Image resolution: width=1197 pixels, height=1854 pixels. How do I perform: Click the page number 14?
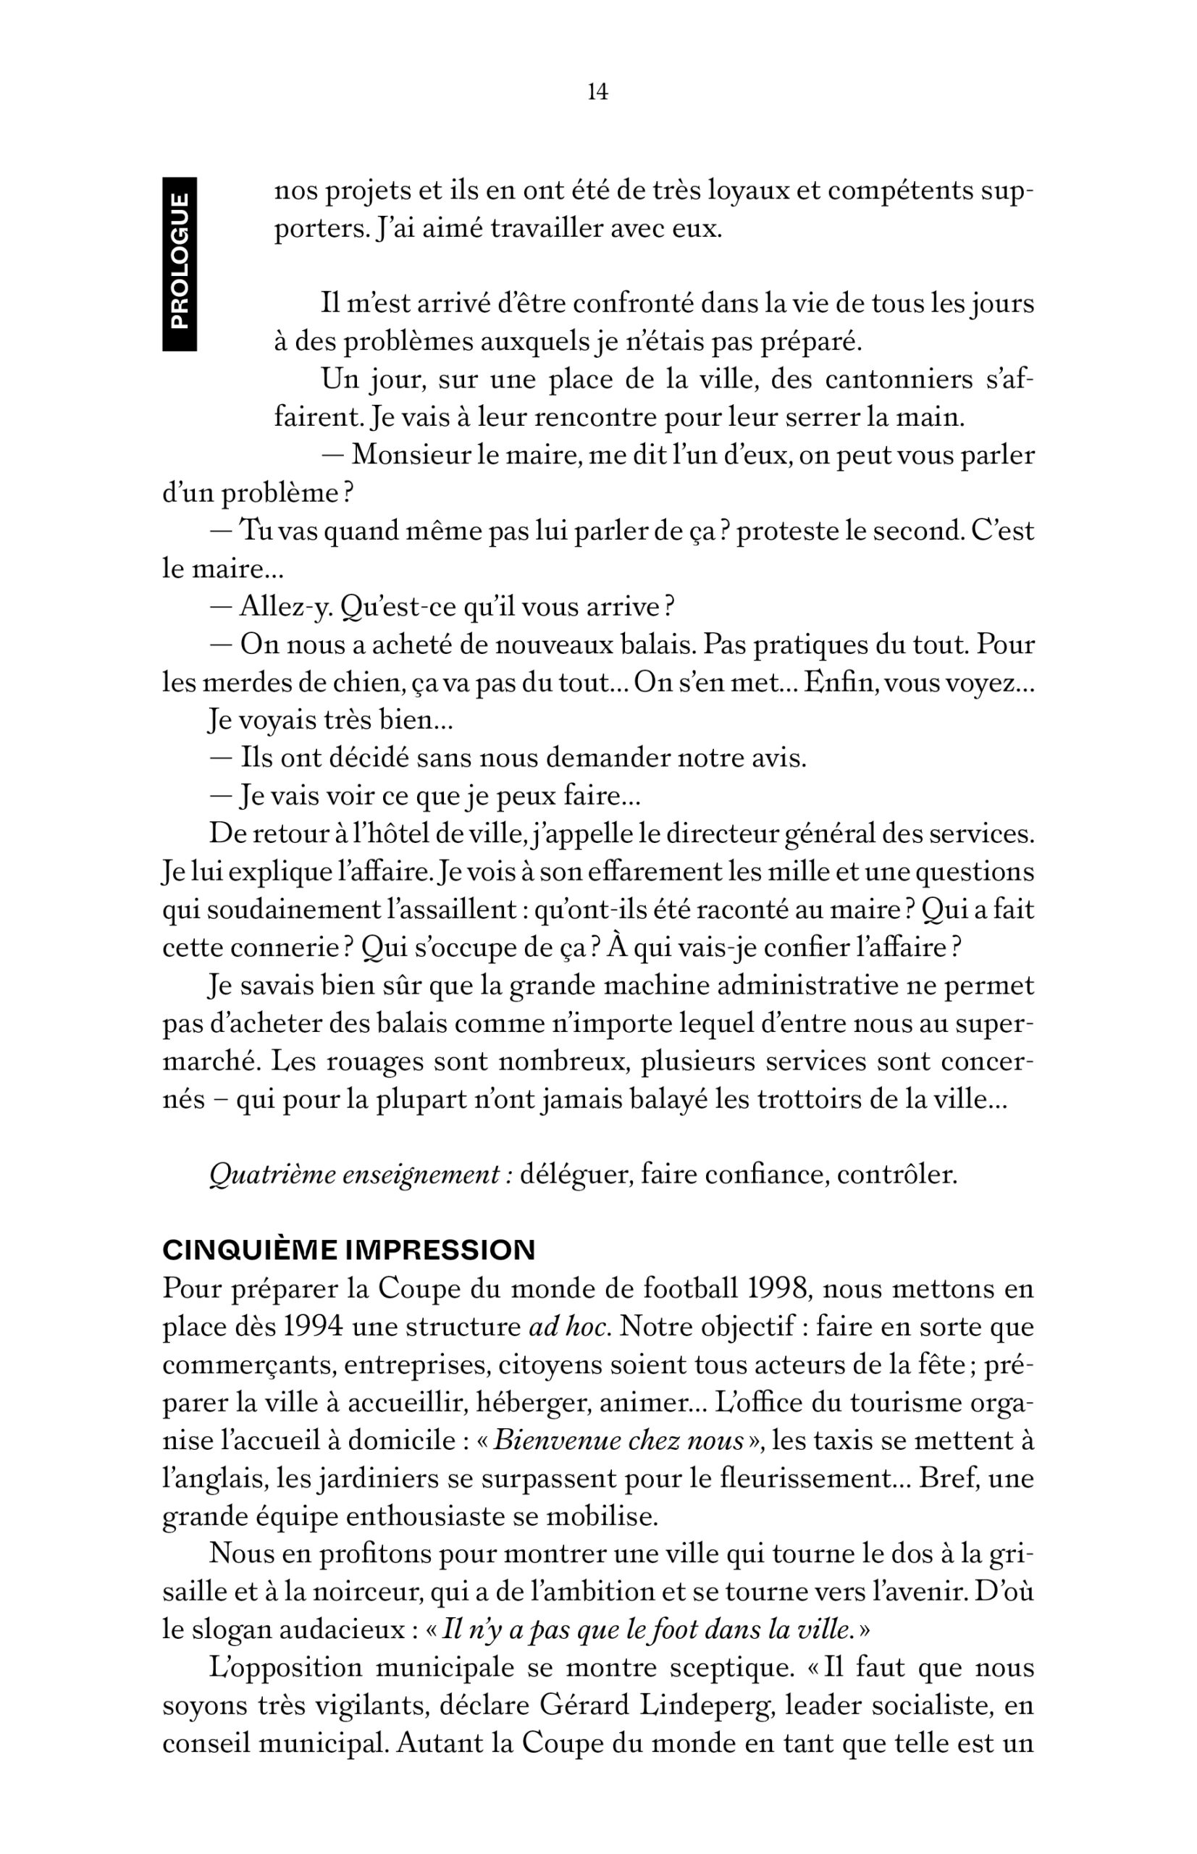tap(597, 93)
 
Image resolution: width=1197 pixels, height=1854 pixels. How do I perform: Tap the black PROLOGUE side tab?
tap(179, 264)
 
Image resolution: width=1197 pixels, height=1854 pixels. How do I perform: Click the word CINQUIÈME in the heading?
tap(250, 1250)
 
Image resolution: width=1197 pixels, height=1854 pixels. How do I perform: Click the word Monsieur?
tap(410, 455)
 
